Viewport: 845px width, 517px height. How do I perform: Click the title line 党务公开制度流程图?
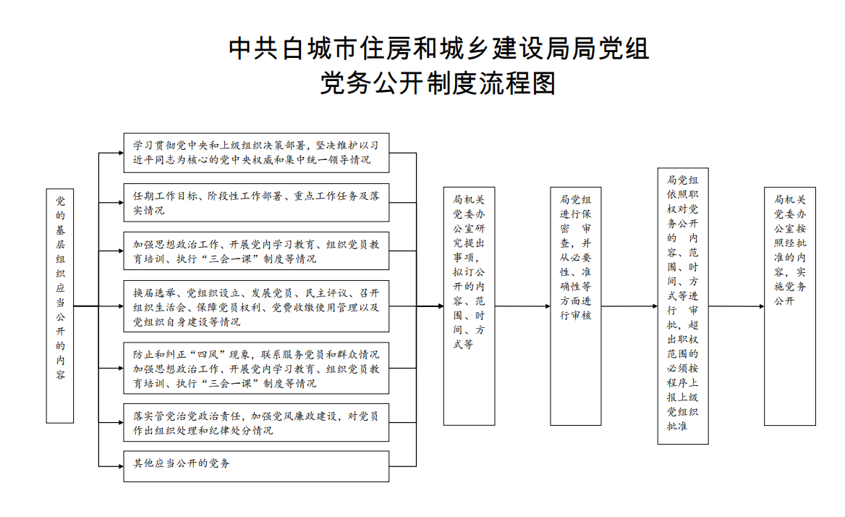(x=438, y=83)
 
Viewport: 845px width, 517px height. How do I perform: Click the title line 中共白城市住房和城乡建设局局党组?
(x=438, y=49)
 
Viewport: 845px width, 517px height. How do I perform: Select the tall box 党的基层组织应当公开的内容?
(x=60, y=306)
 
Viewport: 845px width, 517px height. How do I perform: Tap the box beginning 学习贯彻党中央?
(x=257, y=153)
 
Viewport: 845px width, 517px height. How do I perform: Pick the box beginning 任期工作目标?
(x=257, y=203)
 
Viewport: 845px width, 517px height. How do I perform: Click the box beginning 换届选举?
(x=257, y=306)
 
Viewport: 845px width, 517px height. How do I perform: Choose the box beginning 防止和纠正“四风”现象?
(x=257, y=369)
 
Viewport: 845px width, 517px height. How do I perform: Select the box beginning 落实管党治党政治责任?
(x=257, y=423)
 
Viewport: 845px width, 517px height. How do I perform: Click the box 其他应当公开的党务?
(x=257, y=466)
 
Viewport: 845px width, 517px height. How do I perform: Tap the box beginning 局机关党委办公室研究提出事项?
(x=470, y=306)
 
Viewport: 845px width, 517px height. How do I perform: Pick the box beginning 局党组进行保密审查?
(x=576, y=306)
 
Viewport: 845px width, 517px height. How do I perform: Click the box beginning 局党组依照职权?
(x=683, y=306)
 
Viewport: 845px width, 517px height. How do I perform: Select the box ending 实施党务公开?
(x=790, y=306)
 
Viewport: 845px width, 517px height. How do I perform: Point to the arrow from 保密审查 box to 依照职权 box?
(x=629, y=306)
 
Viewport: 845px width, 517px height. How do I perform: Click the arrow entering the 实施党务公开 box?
(x=736, y=306)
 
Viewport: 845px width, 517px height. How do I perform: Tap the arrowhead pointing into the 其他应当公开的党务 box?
(x=121, y=466)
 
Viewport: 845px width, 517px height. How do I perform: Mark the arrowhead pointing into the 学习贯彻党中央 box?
(x=121, y=153)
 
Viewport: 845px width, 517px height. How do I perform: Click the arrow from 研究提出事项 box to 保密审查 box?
(x=523, y=306)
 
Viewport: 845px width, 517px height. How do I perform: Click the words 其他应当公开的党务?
(x=182, y=463)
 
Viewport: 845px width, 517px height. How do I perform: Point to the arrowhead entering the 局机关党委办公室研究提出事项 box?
(x=441, y=306)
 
